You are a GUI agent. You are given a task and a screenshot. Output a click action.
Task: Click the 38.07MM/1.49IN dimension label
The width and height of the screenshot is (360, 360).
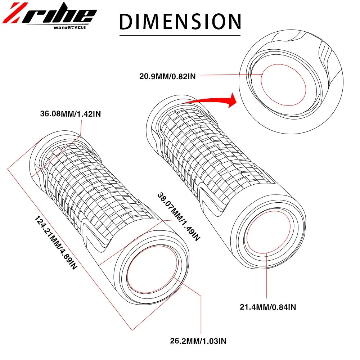[x=178, y=216]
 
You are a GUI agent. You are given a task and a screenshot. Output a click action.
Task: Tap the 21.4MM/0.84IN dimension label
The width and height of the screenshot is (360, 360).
[x=268, y=307]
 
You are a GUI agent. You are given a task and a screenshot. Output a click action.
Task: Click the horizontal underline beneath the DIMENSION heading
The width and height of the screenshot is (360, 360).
[x=180, y=35]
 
